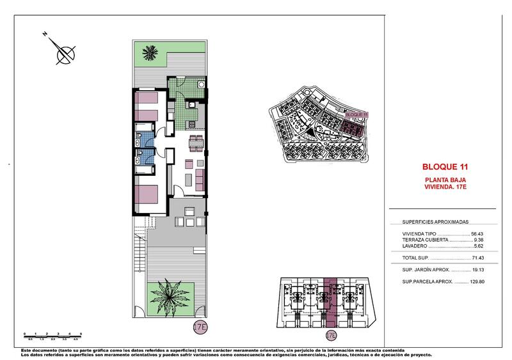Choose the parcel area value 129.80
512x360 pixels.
pyautogui.click(x=478, y=281)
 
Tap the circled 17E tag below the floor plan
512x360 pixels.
pyautogui.click(x=200, y=327)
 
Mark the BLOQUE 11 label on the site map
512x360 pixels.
pyautogui.click(x=356, y=114)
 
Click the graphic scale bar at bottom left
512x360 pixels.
pyautogui.click(x=53, y=335)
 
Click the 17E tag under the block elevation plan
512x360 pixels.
pyautogui.click(x=331, y=334)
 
